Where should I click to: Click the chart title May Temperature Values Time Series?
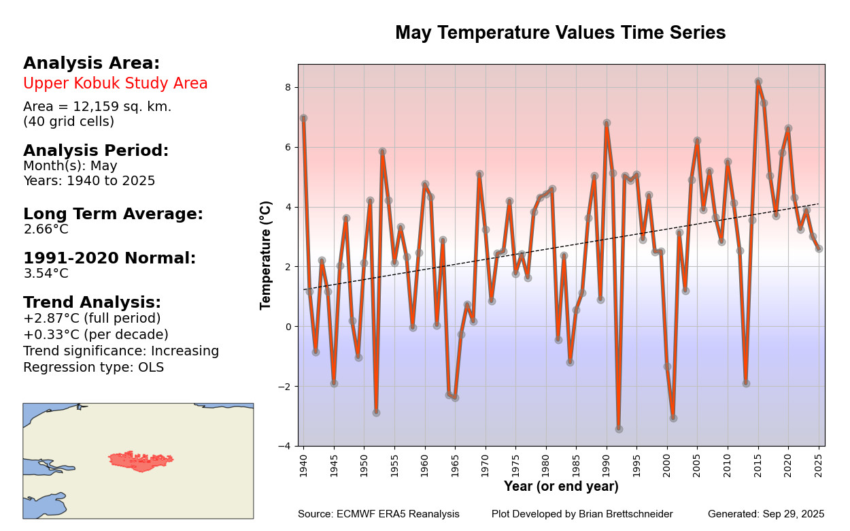coord(560,33)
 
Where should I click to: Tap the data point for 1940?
coord(303,118)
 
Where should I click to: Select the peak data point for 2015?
coord(758,82)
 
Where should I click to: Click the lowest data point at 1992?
coord(619,429)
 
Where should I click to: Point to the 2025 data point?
coord(819,248)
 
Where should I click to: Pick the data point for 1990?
coord(607,123)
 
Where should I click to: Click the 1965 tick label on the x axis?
coord(455,463)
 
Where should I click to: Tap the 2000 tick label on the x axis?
coord(667,463)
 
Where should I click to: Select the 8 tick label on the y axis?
coord(288,87)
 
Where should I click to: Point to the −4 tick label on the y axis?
coord(285,446)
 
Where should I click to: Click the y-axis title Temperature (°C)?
coord(266,255)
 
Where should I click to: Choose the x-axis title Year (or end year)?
coord(561,487)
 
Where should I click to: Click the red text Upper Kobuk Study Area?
coord(116,84)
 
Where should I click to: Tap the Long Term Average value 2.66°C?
coord(46,229)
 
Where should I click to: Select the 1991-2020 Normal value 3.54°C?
coord(46,274)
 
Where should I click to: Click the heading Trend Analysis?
coord(92,302)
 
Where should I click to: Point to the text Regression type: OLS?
coord(93,368)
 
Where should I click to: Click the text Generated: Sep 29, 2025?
coord(766,514)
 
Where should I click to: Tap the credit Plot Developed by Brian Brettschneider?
coord(582,514)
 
